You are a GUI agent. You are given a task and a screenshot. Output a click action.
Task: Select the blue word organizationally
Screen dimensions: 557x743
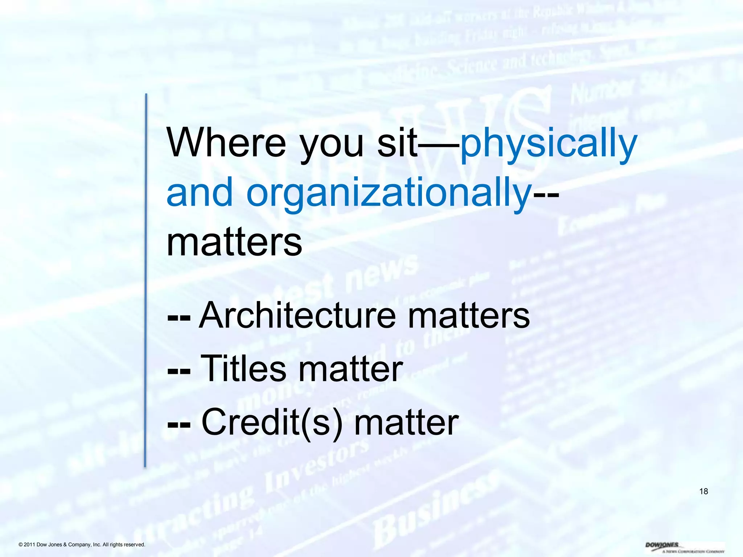(x=389, y=193)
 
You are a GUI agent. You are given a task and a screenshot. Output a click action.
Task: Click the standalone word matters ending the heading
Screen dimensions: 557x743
(x=234, y=242)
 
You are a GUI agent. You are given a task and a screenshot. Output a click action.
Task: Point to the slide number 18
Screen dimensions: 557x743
(x=703, y=491)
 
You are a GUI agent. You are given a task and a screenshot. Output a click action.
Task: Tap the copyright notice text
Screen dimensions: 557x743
(x=82, y=545)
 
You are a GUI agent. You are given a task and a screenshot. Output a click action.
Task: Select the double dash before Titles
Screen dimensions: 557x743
(x=179, y=371)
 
